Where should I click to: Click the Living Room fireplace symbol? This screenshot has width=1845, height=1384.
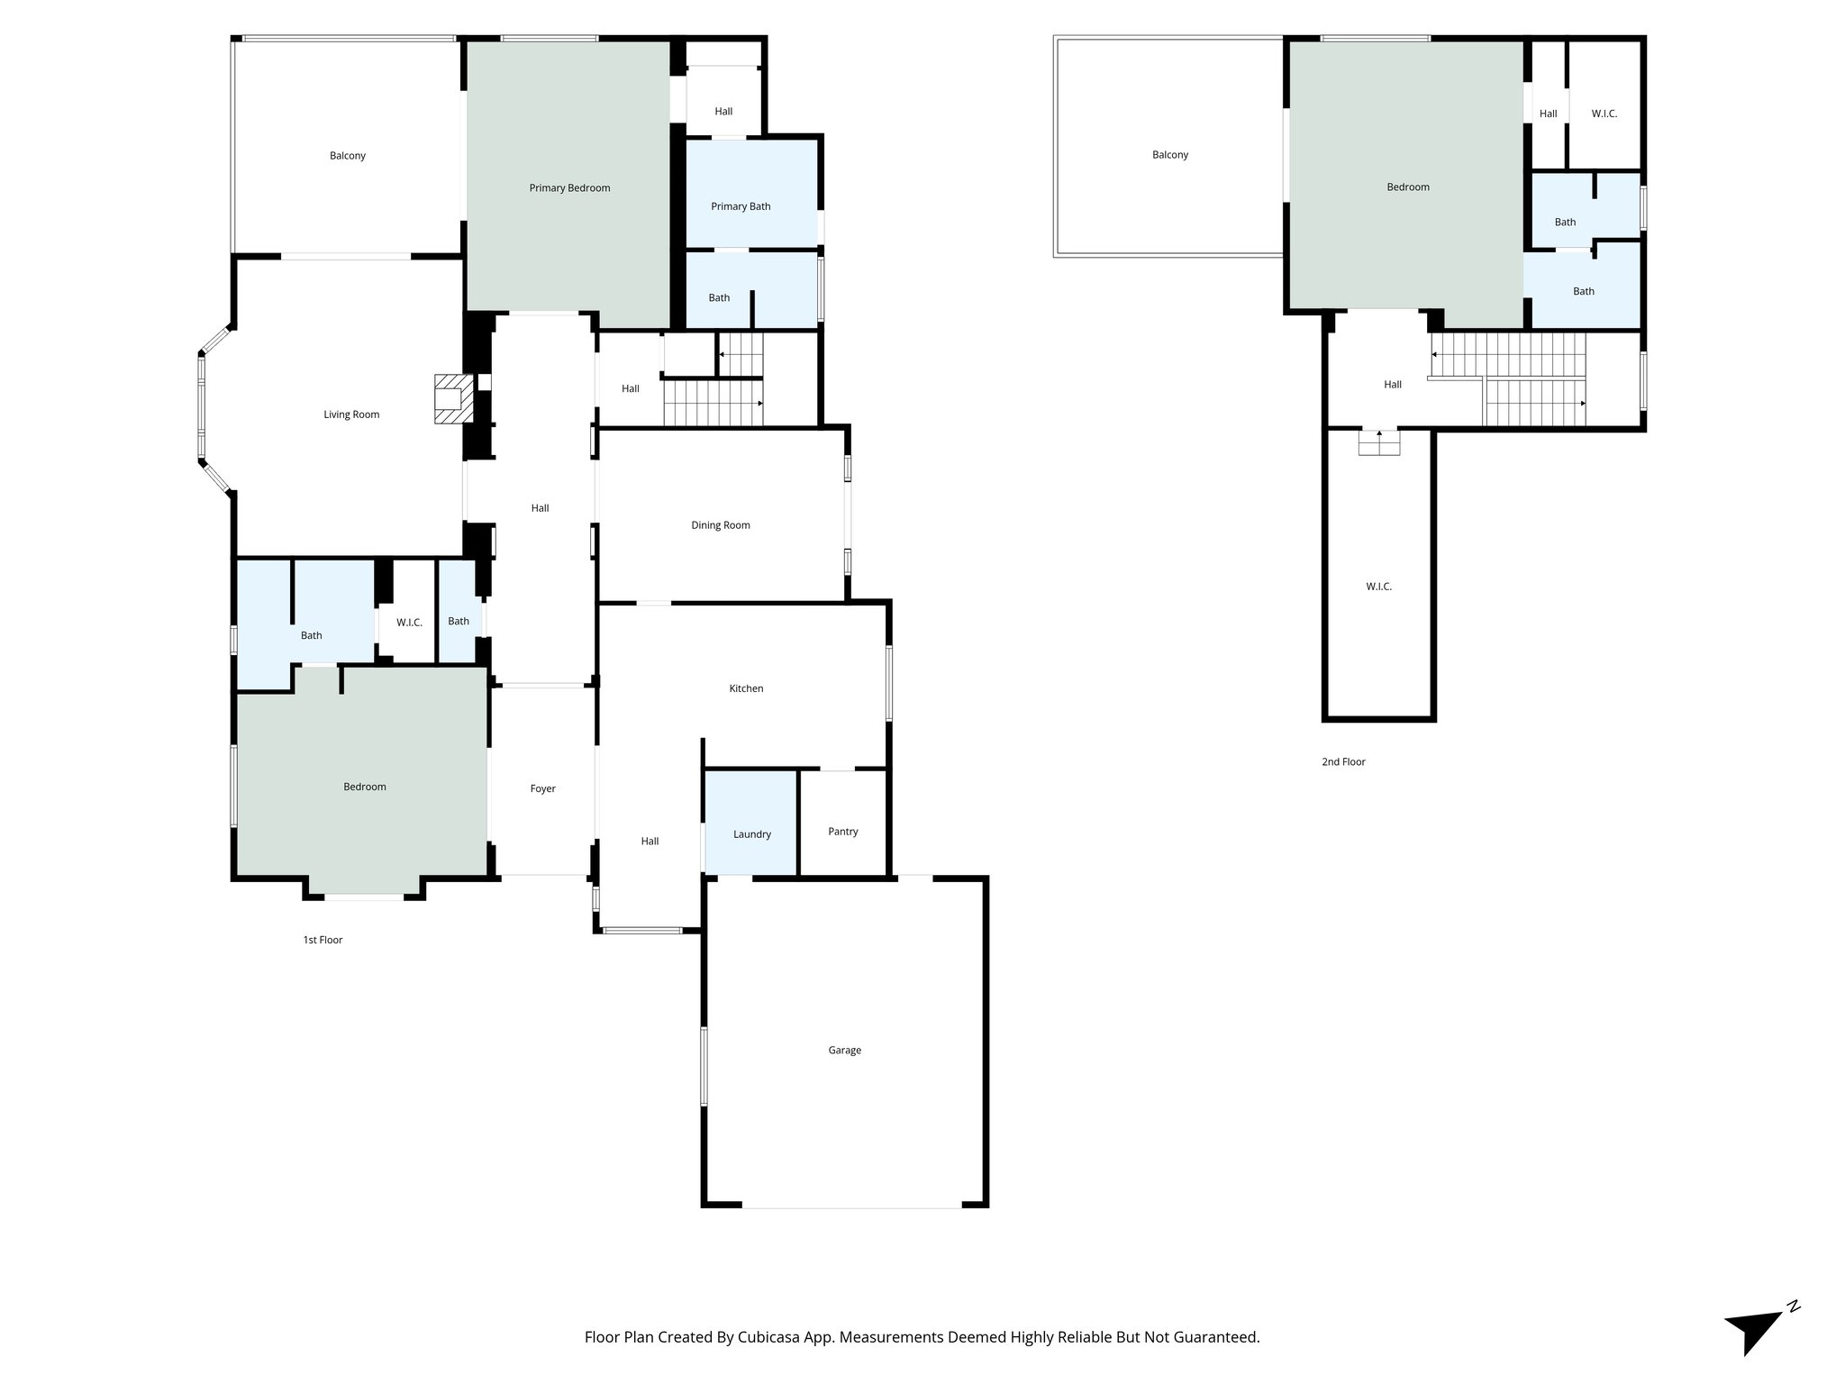pos(453,398)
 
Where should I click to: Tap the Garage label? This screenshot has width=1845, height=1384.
pos(844,1050)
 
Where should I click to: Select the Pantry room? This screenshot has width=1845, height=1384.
pos(842,831)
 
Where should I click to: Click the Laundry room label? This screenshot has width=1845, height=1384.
pos(751,834)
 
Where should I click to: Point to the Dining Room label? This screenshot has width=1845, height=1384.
pos(720,525)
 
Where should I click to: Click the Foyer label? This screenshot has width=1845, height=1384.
pos(542,788)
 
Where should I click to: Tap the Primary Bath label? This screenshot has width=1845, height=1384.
pos(741,206)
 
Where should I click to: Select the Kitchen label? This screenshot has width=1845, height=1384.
pos(746,688)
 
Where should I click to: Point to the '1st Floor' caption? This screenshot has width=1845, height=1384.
pos(323,940)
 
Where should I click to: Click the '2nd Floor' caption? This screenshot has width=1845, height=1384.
pos(1343,761)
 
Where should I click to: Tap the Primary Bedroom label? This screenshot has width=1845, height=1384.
pos(569,188)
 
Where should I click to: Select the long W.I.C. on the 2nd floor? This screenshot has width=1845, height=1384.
pos(1378,587)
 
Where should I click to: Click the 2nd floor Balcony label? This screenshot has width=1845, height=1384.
pos(1170,155)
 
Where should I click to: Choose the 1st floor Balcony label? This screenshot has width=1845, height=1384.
pos(347,156)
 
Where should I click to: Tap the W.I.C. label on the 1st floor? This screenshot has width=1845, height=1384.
pos(409,623)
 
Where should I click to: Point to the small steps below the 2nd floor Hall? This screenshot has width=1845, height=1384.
pos(1379,443)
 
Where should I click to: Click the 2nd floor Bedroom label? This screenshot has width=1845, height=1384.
pos(1407,187)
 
